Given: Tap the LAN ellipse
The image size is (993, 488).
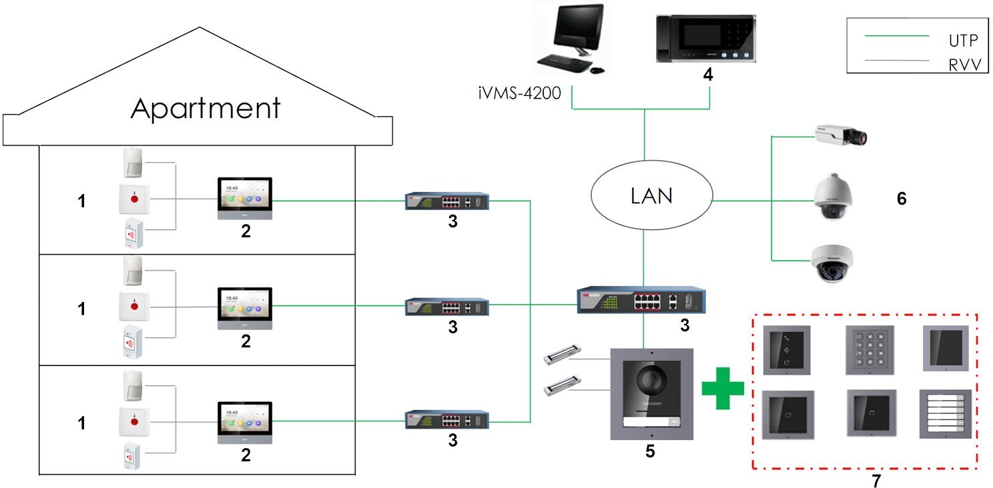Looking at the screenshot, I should (x=651, y=196).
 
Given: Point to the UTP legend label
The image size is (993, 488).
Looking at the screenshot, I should (x=963, y=40).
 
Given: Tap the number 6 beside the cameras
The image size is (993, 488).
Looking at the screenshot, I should (x=902, y=198).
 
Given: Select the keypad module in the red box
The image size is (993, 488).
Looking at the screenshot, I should (x=868, y=347).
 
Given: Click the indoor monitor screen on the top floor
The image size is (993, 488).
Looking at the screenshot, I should (x=245, y=193).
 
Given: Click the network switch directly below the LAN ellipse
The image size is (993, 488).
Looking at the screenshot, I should (x=641, y=300).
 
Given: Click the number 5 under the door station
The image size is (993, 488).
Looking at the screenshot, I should (x=650, y=452).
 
